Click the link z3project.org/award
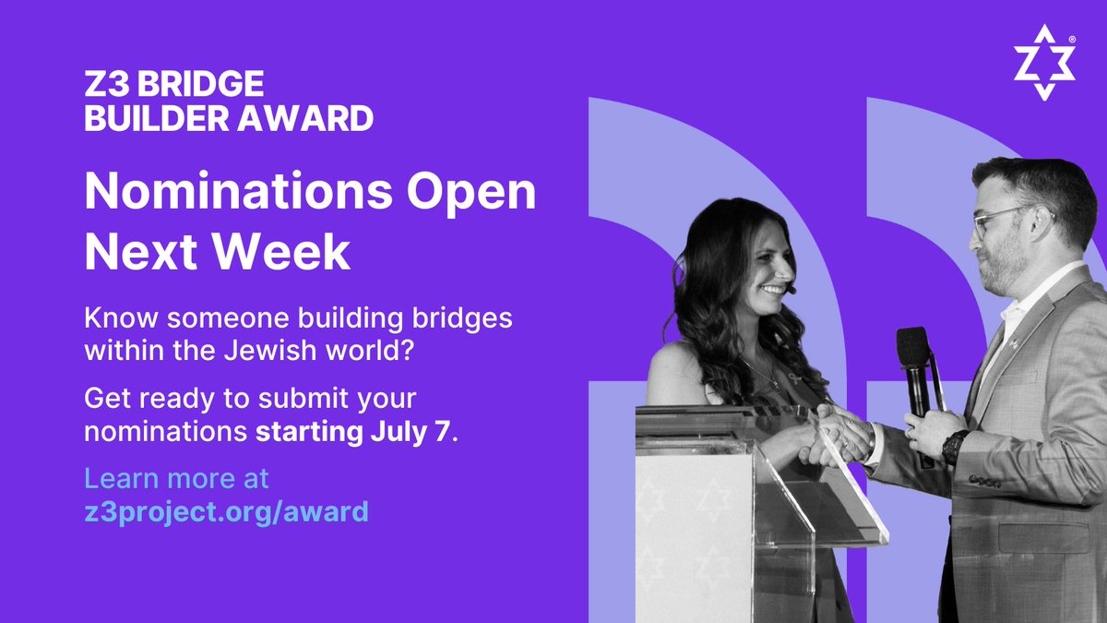tap(226, 510)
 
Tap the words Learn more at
tap(176, 479)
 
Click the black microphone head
tap(913, 348)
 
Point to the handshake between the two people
tap(838, 436)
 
